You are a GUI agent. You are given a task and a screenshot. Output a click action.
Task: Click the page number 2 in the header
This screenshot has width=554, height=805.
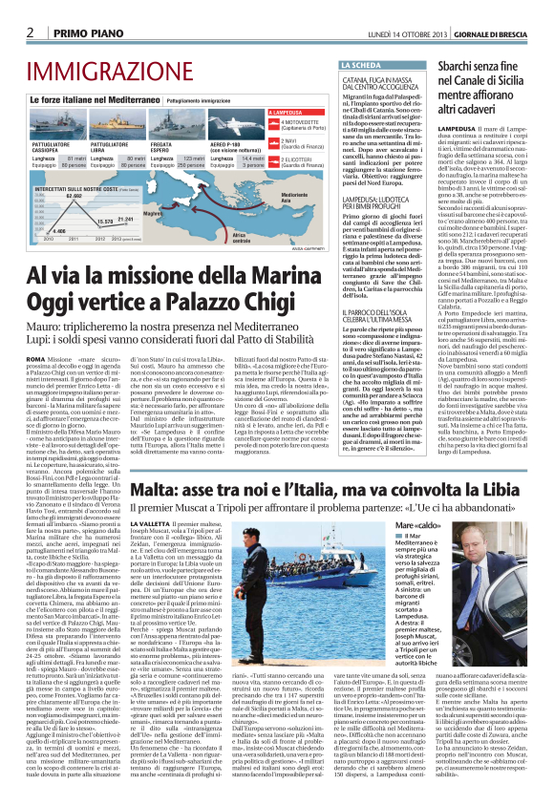pos(31,32)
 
